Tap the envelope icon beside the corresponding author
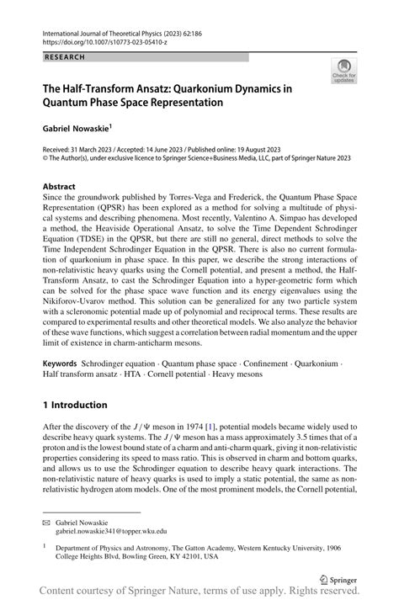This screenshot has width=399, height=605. (47, 523)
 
